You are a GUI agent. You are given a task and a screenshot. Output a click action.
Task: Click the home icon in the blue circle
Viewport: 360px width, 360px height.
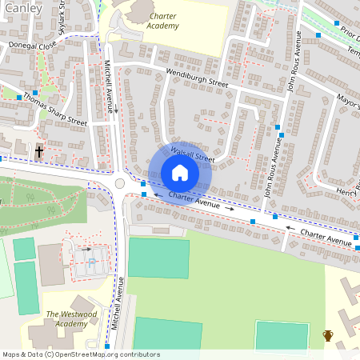(180, 173)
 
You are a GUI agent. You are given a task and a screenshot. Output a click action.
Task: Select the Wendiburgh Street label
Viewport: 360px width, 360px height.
(198, 78)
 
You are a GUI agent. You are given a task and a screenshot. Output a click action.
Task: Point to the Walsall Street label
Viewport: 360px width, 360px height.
(193, 154)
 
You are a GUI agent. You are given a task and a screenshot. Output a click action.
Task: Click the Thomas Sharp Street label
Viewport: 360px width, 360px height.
(55, 110)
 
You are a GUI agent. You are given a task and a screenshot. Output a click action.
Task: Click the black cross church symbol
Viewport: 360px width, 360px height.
(39, 150)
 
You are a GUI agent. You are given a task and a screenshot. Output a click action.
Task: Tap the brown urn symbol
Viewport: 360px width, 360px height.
(328, 334)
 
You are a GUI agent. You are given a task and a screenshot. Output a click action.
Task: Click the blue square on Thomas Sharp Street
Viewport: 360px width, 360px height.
(36, 94)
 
